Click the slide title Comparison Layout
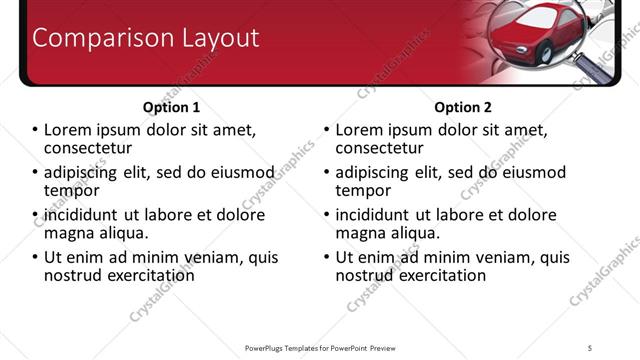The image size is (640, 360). (x=146, y=38)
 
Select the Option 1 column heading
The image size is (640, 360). (x=172, y=107)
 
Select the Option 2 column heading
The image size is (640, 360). (x=462, y=107)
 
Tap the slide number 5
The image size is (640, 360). (x=590, y=347)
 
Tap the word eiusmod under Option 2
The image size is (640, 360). (x=531, y=171)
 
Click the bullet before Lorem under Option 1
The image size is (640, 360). (x=35, y=130)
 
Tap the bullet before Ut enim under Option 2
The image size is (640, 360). (x=326, y=257)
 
